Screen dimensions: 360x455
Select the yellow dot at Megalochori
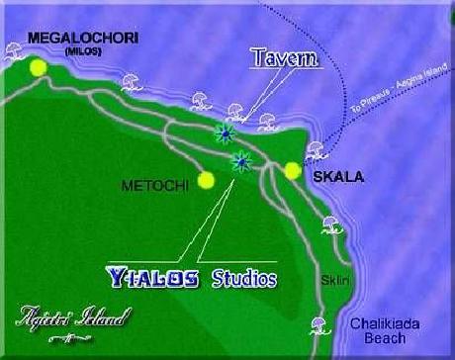(39, 67)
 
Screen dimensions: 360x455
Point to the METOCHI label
(148, 185)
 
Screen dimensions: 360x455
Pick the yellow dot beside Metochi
(206, 180)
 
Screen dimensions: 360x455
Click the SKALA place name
(337, 178)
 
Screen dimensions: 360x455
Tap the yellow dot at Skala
(292, 171)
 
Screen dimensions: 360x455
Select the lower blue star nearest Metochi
(240, 160)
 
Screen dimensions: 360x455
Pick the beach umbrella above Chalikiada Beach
(319, 322)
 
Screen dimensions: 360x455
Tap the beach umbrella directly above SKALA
(316, 150)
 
